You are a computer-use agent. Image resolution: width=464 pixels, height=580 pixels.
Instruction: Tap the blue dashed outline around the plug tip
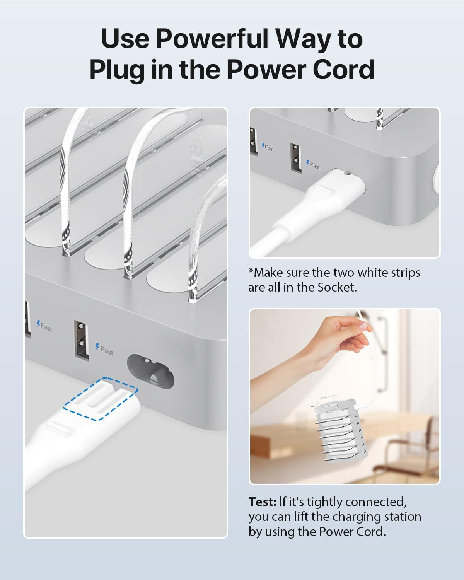101,398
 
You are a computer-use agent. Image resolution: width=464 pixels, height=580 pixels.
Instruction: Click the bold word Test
262,502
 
